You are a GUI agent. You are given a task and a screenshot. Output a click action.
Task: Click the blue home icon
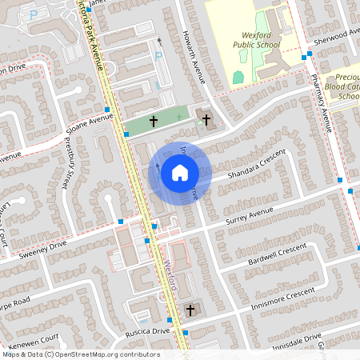[180, 172]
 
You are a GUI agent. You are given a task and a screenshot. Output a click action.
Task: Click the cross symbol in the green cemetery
[153, 123]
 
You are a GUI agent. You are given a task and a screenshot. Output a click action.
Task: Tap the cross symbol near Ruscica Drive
[190, 309]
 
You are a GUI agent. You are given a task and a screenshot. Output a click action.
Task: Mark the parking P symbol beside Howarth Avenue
[158, 56]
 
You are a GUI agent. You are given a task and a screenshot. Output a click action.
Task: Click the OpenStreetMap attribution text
[80, 354]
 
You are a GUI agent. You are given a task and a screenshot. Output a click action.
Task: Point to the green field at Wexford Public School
[238, 78]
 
